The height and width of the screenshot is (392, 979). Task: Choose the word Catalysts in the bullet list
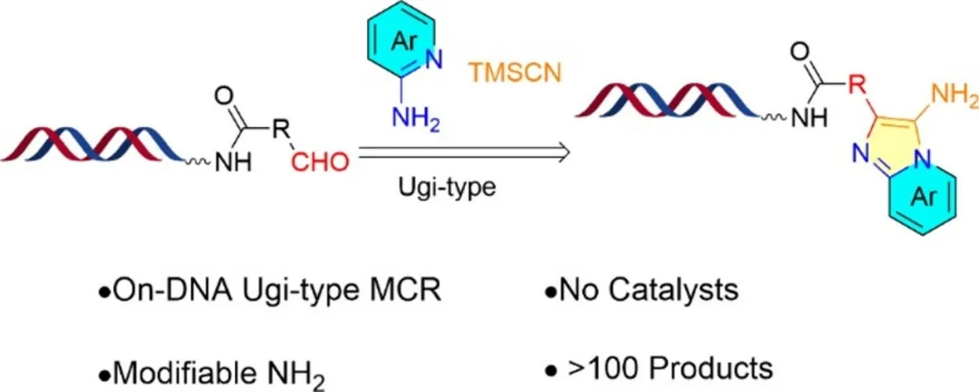(x=679, y=291)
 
